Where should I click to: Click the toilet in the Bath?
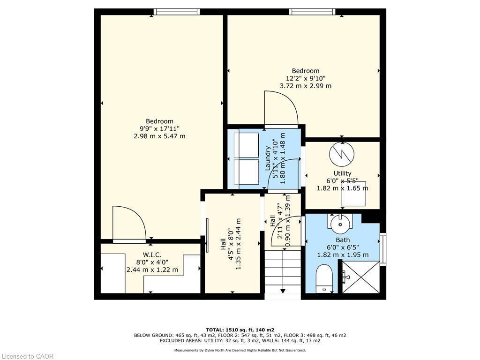pyautogui.click(x=324, y=279)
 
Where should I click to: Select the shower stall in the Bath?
pyautogui.click(x=360, y=277)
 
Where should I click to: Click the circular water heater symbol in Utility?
pyautogui.click(x=342, y=154)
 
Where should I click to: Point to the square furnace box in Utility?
pyautogui.click(x=353, y=193)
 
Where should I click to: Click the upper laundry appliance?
pyautogui.click(x=246, y=144)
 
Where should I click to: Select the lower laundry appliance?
pyautogui.click(x=246, y=172)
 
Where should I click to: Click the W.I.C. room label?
pyautogui.click(x=152, y=255)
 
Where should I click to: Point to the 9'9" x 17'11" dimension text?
pyautogui.click(x=159, y=128)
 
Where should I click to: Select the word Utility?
pyautogui.click(x=342, y=173)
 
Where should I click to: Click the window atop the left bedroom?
pyautogui.click(x=177, y=12)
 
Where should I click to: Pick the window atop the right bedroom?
pyautogui.click(x=312, y=12)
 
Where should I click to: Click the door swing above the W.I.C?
pyautogui.click(x=129, y=224)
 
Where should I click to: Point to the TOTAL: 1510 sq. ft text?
pyautogui.click(x=240, y=330)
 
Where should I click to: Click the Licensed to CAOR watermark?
pyautogui.click(x=27, y=356)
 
